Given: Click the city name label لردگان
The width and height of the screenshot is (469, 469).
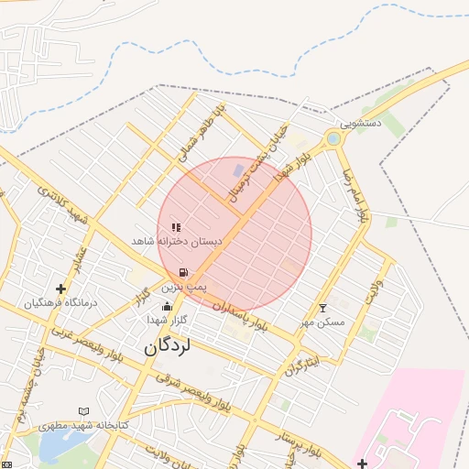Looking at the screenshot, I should point(167,348).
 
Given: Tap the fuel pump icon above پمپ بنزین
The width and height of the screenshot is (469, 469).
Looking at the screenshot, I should point(185,272).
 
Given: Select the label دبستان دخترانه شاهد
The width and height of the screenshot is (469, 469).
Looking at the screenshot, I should point(179,240).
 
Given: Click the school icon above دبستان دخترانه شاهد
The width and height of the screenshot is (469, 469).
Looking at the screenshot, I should point(176,226).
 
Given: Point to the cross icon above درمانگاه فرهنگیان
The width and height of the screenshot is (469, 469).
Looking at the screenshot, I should point(60,289).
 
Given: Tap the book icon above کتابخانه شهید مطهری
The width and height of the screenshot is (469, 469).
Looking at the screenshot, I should point(84,412).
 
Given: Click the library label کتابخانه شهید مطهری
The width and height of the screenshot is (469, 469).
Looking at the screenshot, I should point(82,427).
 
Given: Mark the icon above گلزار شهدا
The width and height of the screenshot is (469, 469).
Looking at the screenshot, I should point(166,306).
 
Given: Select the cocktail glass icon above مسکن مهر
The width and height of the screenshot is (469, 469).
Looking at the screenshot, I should point(322,308).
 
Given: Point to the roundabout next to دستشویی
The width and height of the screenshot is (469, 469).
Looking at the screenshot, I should point(333,139).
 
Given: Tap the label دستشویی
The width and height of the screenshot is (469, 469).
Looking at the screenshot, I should point(361,122).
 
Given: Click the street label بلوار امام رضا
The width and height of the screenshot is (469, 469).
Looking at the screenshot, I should point(355,198).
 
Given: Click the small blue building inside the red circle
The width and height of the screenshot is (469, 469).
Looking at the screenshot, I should point(239,171).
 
